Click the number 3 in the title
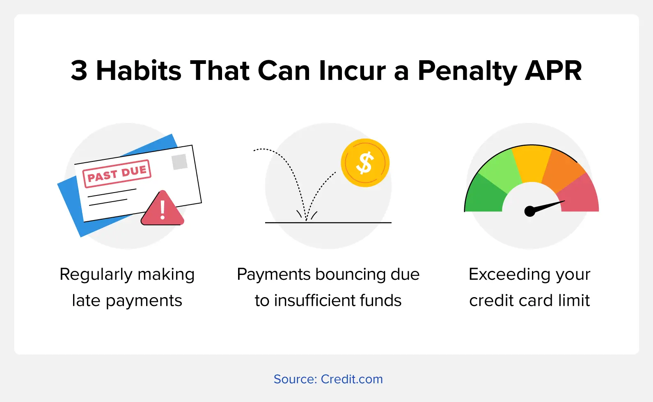[79, 70]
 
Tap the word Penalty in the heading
[467, 72]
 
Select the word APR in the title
[553, 70]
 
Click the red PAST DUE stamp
[117, 173]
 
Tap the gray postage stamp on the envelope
[180, 162]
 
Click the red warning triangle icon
[163, 208]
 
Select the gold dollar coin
[365, 163]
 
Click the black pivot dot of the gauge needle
[530, 211]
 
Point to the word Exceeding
[509, 275]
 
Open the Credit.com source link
[352, 379]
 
